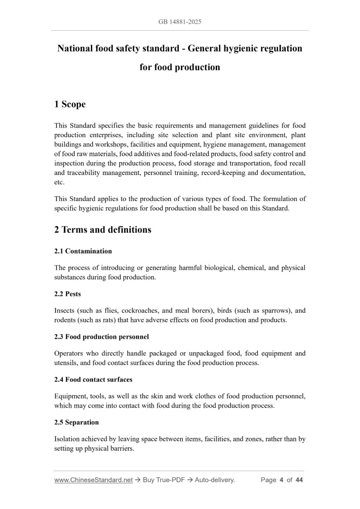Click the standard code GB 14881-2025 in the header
coord(180,22)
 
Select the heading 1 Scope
coord(70,104)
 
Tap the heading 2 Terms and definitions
coord(102,230)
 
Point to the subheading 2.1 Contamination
coord(83,251)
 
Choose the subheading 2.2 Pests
coord(68,294)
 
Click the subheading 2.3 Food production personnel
coord(101,337)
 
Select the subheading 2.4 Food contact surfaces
coord(93,380)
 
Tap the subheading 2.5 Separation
coord(76,422)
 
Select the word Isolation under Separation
coord(70,439)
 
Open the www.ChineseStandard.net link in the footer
coord(93,480)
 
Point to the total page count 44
coord(299,480)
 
